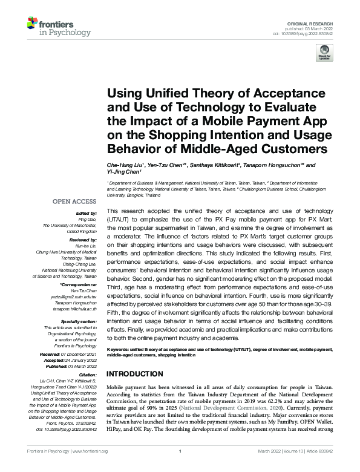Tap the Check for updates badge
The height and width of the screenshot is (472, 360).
[x=324, y=55]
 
